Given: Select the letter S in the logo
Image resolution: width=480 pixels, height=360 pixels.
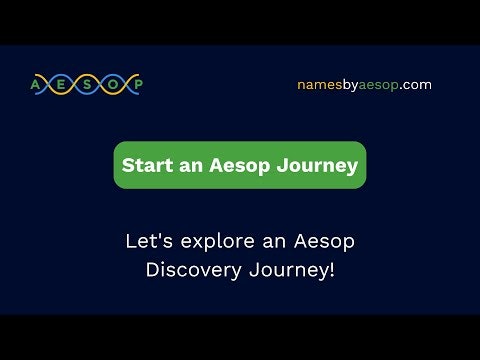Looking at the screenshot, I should [x=86, y=84].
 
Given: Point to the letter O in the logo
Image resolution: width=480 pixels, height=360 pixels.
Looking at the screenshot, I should [x=111, y=84].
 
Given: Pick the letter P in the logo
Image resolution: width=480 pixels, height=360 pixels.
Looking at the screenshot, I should [x=136, y=84].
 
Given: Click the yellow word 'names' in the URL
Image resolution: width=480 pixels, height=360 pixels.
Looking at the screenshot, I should [x=319, y=85].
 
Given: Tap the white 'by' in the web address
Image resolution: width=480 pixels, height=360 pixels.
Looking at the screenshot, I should [x=351, y=85].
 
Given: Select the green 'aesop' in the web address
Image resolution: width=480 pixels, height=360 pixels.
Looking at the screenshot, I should [x=381, y=85].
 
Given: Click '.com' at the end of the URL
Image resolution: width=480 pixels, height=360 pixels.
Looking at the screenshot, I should [x=416, y=85].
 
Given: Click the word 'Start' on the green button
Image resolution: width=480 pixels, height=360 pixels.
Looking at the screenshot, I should [x=144, y=166].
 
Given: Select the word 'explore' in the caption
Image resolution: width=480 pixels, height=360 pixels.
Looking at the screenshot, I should [x=208, y=241].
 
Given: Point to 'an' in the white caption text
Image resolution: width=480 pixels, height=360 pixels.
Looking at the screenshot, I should [x=265, y=241].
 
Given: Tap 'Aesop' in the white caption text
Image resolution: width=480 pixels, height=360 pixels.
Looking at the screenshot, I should [x=322, y=241].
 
